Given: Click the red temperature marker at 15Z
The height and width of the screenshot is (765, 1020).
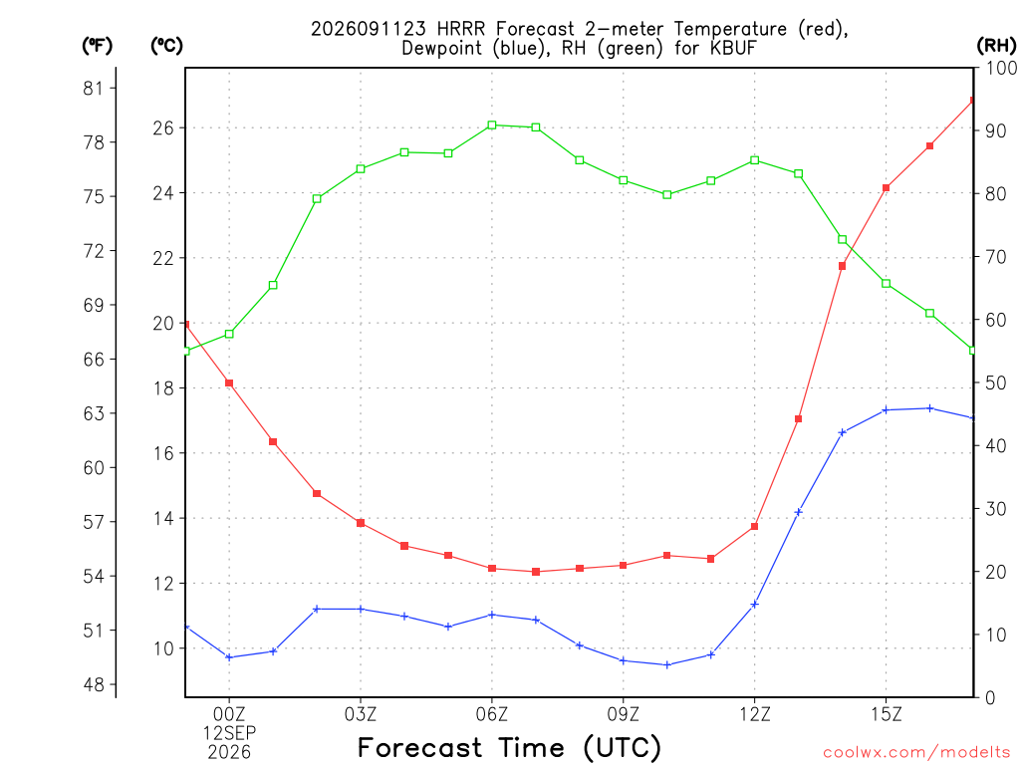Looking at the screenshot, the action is tap(886, 188).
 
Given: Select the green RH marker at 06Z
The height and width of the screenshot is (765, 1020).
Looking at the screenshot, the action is tap(492, 125).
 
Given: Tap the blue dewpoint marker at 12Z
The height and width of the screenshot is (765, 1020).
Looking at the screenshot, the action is tap(755, 605).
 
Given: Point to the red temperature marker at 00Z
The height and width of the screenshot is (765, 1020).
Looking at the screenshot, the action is tap(229, 383).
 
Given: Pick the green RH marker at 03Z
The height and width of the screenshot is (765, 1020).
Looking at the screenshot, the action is tap(361, 169).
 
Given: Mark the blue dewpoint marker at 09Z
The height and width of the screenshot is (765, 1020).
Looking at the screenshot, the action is tap(624, 661).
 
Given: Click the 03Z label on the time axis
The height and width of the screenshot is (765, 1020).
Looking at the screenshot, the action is tap(361, 714).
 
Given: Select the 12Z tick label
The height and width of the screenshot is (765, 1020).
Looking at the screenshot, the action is tap(755, 714).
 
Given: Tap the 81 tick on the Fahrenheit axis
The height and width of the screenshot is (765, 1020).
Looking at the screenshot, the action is tap(94, 89).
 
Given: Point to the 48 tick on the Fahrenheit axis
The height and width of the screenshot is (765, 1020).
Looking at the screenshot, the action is tap(94, 684).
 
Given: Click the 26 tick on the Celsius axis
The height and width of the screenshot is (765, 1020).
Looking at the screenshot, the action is tap(163, 128).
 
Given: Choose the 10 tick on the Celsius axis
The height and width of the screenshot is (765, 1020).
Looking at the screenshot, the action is tap(163, 648).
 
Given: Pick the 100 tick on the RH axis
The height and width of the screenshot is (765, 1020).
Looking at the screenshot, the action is tap(1002, 68).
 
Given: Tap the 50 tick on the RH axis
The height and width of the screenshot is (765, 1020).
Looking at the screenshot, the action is tap(996, 383).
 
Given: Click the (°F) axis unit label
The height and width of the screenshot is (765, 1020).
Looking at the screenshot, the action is tap(97, 46).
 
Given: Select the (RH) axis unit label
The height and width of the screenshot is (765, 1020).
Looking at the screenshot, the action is tap(996, 46).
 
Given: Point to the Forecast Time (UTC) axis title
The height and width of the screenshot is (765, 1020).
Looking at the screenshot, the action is tap(509, 747).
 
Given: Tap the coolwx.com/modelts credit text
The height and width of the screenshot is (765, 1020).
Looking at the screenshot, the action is tap(916, 753).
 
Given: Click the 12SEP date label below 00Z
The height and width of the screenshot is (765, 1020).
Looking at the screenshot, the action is tap(229, 733).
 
